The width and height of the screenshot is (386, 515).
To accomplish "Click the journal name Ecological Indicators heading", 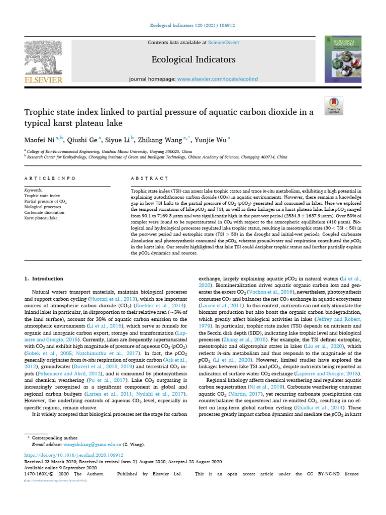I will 193,60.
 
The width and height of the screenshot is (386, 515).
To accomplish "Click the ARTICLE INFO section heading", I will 50,178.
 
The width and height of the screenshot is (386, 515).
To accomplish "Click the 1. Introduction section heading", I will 44,278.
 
